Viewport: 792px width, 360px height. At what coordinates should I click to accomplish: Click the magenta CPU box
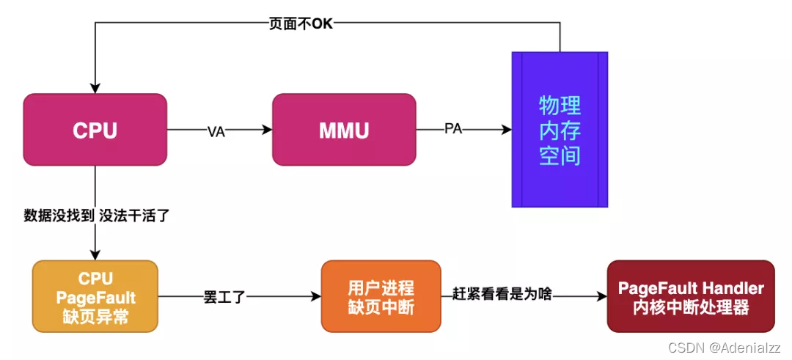coord(95,130)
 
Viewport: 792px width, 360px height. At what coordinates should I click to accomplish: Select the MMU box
coord(344,130)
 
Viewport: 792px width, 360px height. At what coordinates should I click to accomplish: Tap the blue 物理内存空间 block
coord(560,130)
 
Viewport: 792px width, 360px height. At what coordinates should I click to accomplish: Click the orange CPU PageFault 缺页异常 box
coord(95,295)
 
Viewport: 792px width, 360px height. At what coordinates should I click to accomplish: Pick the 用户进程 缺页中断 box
coord(381,296)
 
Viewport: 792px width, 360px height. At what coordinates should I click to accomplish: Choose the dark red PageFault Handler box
coord(691,296)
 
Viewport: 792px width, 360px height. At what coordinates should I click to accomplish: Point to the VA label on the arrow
coord(216,131)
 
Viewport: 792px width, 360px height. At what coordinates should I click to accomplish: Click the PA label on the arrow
coord(454,129)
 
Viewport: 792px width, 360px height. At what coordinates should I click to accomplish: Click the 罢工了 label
coord(224,297)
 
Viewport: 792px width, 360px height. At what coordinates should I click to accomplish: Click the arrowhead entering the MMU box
coord(267,130)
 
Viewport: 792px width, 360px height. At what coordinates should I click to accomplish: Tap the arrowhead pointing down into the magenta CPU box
coord(95,88)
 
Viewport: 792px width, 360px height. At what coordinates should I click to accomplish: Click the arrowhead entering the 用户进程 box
coord(316,296)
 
